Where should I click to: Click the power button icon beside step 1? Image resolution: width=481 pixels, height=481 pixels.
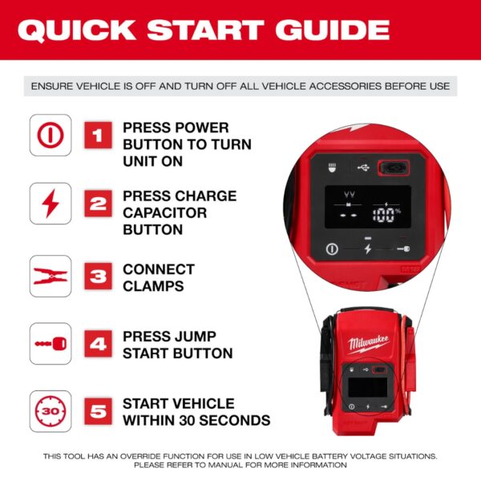pyautogui.click(x=50, y=135)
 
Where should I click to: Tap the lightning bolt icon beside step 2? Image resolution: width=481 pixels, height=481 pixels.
pyautogui.click(x=50, y=204)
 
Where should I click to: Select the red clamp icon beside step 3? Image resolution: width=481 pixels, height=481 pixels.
pyautogui.click(x=50, y=277)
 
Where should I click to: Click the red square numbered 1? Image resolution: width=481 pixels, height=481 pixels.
pyautogui.click(x=98, y=135)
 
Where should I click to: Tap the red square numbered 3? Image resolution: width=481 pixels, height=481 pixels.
pyautogui.click(x=98, y=277)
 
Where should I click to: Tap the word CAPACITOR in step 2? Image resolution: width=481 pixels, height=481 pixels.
pyautogui.click(x=164, y=212)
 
